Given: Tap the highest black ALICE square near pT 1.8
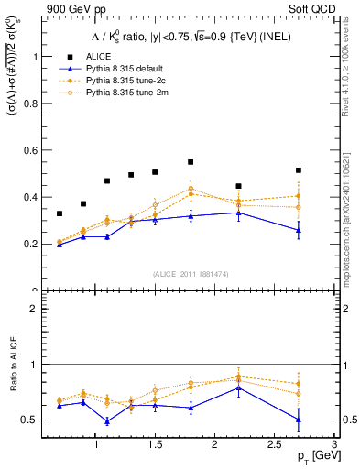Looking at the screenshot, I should [191, 162].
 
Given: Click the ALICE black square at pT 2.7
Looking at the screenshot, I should [298, 170].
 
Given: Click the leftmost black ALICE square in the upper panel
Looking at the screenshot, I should [60, 213].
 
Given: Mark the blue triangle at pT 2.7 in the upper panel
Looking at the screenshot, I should [298, 231].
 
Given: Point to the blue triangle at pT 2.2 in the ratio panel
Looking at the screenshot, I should [238, 387].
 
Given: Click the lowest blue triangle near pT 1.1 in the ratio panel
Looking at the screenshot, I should [107, 421].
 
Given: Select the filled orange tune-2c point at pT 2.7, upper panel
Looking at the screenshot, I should [298, 196].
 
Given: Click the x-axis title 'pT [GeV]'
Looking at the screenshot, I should [311, 455].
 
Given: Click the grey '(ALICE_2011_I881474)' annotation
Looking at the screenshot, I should [191, 274].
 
